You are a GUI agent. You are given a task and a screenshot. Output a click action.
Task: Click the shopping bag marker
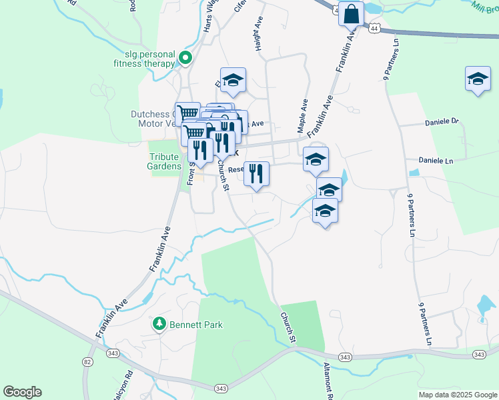pos(351,13)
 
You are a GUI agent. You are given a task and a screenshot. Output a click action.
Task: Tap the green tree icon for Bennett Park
pos(159,325)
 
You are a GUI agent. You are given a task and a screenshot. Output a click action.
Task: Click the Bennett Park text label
pos(195,325)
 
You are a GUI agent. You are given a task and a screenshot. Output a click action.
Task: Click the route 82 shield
pos(87,361)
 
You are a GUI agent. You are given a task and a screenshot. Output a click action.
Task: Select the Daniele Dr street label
pos(442,122)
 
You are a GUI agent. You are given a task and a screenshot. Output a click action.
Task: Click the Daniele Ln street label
pos(436,161)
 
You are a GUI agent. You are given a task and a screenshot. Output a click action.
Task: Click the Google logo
pos(22,392)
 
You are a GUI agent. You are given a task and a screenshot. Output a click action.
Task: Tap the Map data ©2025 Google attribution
pos(458,395)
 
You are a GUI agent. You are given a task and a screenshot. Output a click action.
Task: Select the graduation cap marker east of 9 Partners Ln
pos(477,79)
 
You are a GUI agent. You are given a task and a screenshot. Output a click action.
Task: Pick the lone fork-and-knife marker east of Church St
pos(256,174)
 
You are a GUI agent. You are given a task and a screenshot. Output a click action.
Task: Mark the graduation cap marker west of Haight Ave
pos(233,80)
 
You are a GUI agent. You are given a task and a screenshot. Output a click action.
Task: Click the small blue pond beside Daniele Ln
pos(414,172)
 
